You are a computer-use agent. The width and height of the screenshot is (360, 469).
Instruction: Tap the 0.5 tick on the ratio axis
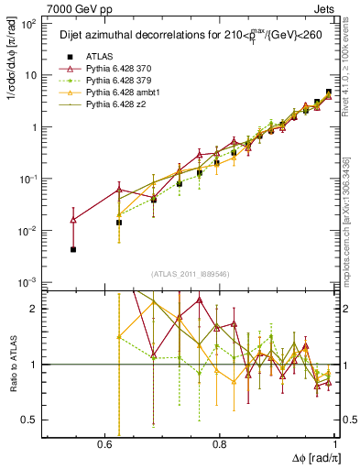tap(30, 420)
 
